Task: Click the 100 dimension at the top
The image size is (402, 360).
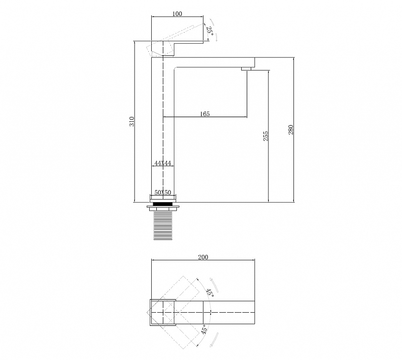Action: pos(177,14)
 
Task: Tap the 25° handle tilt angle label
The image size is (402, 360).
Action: pos(210,31)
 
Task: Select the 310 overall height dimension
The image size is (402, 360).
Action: pos(132,121)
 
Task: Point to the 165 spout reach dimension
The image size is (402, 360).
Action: pos(205,114)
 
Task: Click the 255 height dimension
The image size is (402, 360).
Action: pos(266,136)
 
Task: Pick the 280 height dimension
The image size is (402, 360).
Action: pos(291,130)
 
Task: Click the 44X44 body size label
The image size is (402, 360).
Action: pos(163,163)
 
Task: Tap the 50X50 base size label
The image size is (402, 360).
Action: pos(163,193)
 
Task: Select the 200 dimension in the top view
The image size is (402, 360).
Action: pos(203,257)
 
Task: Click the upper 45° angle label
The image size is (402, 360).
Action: pos(210,293)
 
